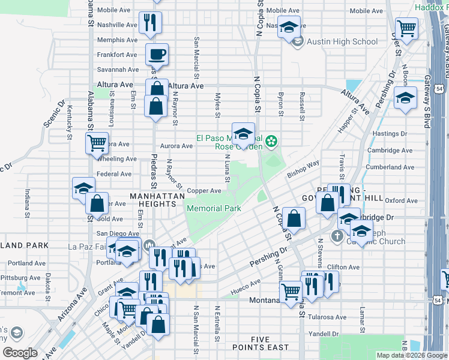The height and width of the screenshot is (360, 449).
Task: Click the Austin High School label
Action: tap(342, 41)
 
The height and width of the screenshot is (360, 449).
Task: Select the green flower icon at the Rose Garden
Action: tap(271, 142)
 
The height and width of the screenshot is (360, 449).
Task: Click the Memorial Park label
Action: tap(214, 208)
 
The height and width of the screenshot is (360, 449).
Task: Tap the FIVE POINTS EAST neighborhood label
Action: tap(261, 343)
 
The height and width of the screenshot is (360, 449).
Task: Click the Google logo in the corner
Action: tap(20, 353)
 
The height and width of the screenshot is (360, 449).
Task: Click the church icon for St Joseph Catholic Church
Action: tap(337, 236)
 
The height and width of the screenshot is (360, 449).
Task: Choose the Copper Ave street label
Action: tap(204, 191)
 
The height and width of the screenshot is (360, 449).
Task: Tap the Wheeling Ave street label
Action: tap(117, 159)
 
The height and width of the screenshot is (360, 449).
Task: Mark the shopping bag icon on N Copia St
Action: tap(294, 220)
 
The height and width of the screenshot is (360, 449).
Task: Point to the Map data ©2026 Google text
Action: tap(412, 355)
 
